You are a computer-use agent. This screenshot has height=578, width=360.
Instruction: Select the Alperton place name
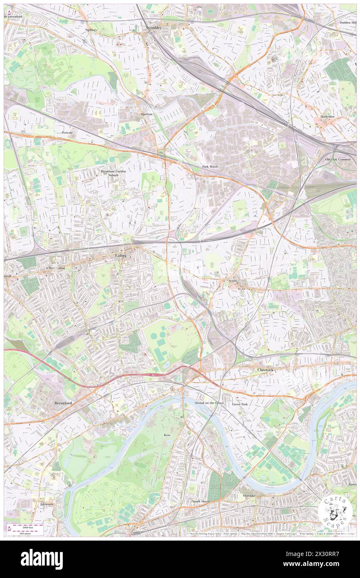146,114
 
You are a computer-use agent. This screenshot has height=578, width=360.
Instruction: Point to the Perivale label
67,132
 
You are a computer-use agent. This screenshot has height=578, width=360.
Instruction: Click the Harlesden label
327,116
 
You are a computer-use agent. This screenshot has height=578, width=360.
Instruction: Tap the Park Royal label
210,166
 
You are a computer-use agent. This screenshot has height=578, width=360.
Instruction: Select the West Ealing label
57,268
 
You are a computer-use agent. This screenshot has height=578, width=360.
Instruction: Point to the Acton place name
232,281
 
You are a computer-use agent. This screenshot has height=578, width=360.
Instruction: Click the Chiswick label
264,369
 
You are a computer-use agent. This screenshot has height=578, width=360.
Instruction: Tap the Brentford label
63,403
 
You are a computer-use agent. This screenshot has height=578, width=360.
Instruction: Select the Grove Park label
240,404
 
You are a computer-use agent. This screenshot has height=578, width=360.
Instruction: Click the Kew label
167,435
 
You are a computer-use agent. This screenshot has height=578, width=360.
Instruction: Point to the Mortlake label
251,496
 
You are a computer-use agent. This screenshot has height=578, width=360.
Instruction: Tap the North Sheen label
201,501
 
